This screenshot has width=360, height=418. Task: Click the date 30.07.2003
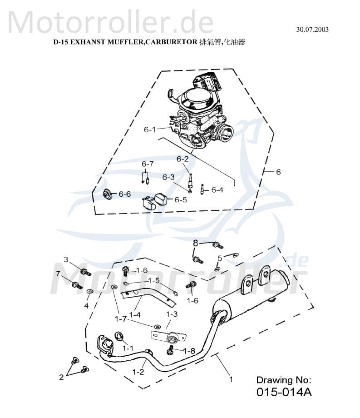tap(312, 30)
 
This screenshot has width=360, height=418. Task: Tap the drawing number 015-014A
tap(285, 392)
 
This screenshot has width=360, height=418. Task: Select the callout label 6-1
tap(150, 129)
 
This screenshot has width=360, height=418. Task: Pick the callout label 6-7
tap(148, 164)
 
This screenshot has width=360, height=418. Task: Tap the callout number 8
tap(196, 243)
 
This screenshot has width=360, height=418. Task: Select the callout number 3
tap(65, 259)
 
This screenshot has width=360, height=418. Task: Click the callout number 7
tap(58, 274)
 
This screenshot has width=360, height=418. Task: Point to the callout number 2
tap(62, 377)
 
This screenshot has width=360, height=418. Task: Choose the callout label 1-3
tap(172, 314)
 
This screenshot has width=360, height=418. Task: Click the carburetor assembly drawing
tap(197, 114)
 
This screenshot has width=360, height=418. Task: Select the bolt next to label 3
tap(85, 272)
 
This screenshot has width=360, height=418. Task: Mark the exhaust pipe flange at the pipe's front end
tap(104, 343)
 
